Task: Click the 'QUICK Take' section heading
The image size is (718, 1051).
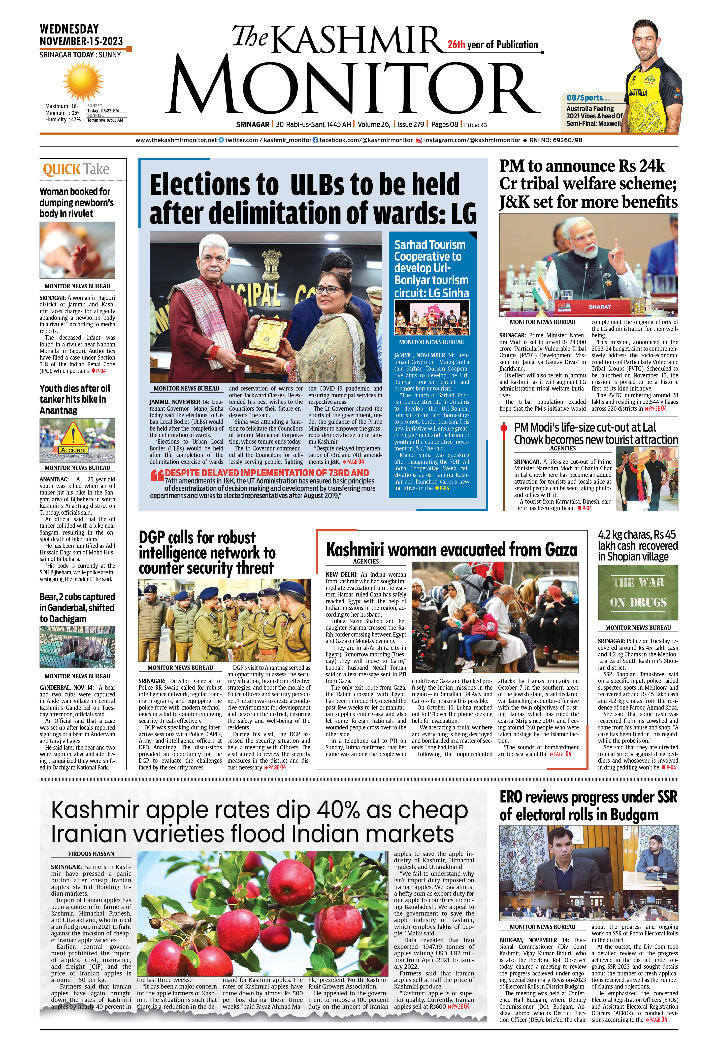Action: coord(76,169)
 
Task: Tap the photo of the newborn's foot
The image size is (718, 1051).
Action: coord(77,250)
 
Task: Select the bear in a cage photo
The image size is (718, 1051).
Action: coord(77,647)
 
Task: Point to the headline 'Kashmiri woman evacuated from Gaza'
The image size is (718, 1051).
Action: coord(451,549)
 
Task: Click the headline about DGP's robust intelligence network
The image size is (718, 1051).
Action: coord(207,553)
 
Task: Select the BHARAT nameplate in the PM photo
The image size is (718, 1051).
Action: coord(599,307)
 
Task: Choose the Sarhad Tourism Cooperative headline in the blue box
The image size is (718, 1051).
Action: coord(431,269)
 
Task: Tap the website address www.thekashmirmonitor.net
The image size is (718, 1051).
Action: coord(176,140)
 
